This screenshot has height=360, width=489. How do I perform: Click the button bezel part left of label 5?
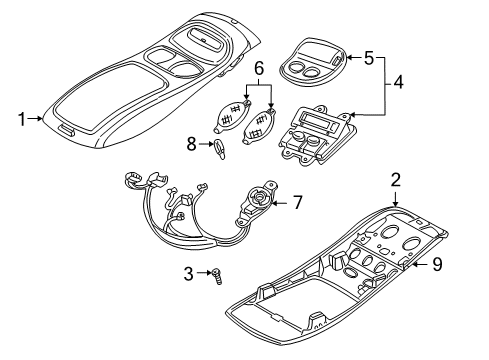(x=307, y=64)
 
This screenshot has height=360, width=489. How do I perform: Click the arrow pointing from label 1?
(x=38, y=119)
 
